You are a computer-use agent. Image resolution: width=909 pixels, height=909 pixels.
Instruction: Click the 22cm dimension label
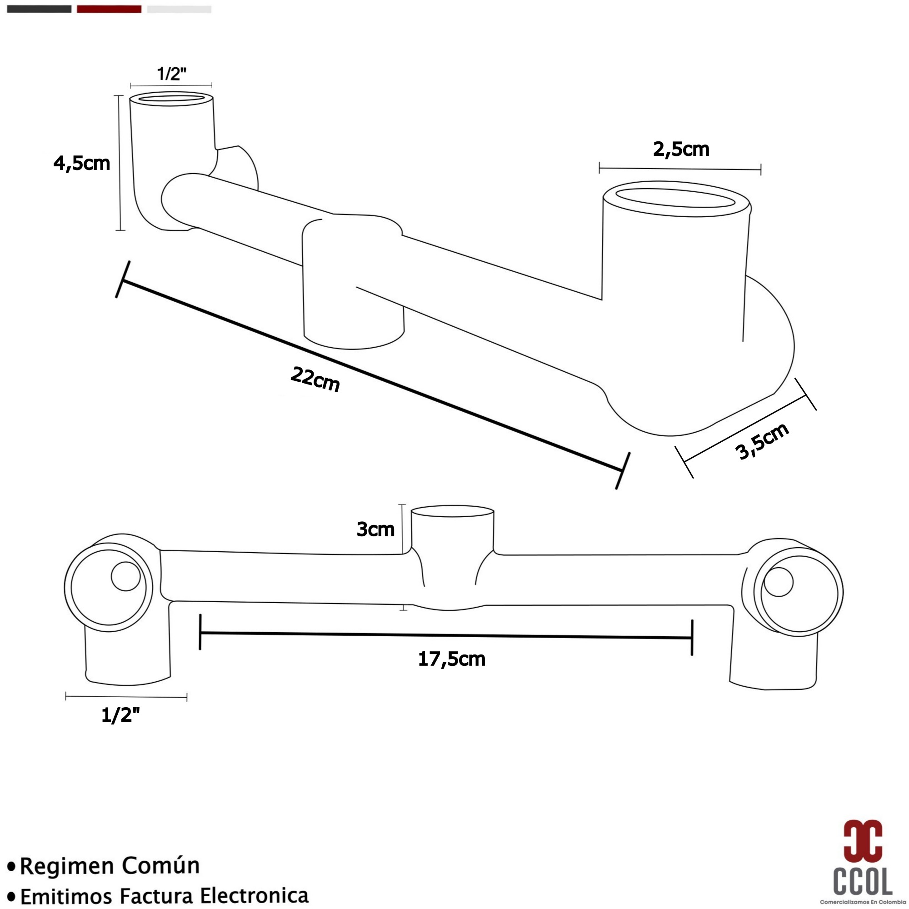click(315, 379)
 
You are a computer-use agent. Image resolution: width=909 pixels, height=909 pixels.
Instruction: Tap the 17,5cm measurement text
click(451, 659)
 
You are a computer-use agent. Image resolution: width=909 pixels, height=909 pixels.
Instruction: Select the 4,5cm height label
click(82, 163)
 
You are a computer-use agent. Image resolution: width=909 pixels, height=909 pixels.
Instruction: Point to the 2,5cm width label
click(681, 149)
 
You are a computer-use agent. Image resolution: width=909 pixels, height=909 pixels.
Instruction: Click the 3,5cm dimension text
click(761, 441)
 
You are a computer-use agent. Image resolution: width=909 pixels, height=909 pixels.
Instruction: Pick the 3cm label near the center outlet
click(375, 529)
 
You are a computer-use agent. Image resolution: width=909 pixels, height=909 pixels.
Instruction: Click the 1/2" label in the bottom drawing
click(120, 716)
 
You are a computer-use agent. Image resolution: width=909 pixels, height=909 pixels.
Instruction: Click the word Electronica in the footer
click(254, 895)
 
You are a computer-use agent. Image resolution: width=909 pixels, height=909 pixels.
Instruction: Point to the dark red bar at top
click(109, 9)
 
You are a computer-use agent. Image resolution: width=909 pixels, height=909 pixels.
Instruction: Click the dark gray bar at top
click(39, 9)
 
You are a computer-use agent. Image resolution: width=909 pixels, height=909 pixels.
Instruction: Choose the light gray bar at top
click(179, 9)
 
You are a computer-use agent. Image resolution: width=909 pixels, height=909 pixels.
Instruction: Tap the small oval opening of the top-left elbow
click(171, 98)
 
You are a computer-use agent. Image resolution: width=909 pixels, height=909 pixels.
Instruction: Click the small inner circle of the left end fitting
click(125, 576)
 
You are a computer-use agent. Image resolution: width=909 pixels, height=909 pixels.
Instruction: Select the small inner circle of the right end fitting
click(779, 582)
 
